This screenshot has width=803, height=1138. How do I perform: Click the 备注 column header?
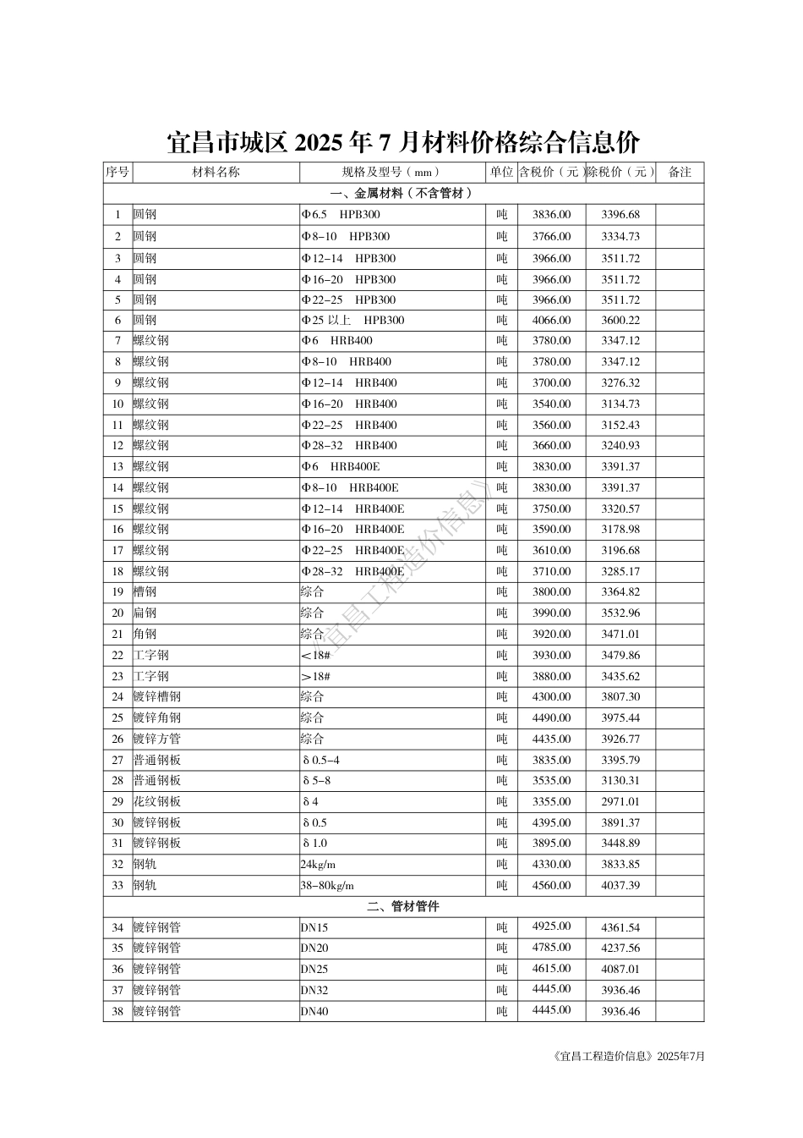680,173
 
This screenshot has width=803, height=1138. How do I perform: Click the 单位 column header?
501,173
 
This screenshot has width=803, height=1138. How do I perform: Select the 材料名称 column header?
216,173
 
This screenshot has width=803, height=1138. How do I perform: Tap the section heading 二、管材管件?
403,907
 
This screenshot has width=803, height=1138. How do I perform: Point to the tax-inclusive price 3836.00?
551,215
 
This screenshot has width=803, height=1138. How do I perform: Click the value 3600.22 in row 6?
620,321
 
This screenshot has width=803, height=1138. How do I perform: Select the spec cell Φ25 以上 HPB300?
353,321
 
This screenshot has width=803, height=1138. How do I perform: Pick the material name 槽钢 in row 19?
145,592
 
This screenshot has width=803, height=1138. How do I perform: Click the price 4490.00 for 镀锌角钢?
551,718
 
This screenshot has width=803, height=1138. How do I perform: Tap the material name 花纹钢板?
156,802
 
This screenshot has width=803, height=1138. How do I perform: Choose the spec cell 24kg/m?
318,865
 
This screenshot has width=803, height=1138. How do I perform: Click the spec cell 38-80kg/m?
327,886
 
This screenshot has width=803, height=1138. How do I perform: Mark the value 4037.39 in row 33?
620,886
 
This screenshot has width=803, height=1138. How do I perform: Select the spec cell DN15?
314,928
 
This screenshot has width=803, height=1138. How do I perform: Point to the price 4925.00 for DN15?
551,926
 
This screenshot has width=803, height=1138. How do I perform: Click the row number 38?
117,1012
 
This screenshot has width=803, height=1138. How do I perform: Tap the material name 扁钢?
145,613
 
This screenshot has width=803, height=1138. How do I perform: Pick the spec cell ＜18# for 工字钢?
315,656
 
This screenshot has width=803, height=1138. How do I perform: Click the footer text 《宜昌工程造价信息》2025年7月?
626,1057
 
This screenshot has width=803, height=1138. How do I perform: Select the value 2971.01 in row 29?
620,802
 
